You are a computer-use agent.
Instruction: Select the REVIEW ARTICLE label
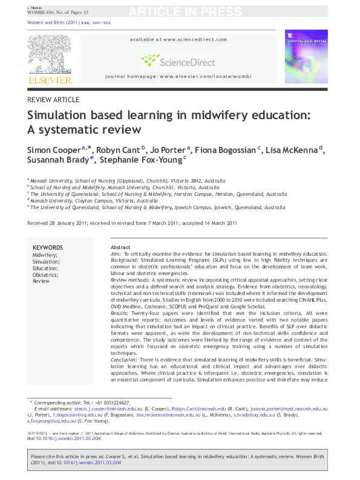[x=53, y=99]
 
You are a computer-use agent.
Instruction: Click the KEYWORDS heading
[x=47, y=248]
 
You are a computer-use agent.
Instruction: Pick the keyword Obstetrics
[x=46, y=274]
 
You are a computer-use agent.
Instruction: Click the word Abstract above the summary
[x=120, y=248]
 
